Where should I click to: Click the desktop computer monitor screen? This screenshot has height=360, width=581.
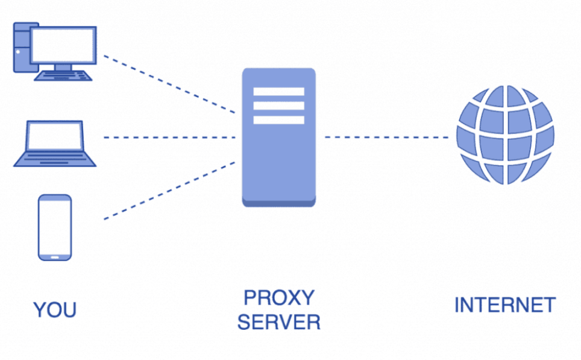pyautogui.click(x=64, y=45)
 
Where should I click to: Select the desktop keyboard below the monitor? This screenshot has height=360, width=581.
pyautogui.click(x=64, y=76)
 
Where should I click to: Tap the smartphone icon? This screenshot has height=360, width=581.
pyautogui.click(x=55, y=227)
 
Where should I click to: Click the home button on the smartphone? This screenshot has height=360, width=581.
pyautogui.click(x=55, y=256)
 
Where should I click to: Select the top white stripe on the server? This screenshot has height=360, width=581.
pyautogui.click(x=278, y=92)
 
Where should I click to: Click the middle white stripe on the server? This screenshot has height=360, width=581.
pyautogui.click(x=278, y=106)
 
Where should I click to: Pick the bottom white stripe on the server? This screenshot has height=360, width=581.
pyautogui.click(x=278, y=119)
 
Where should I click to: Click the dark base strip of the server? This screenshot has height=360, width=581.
pyautogui.click(x=278, y=203)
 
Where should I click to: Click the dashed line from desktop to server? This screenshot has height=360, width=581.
pyautogui.click(x=169, y=84)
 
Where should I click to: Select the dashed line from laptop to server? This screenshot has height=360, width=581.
pyautogui.click(x=169, y=137)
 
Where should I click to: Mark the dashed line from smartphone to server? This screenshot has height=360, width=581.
pyautogui.click(x=169, y=190)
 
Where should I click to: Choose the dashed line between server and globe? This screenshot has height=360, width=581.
pyautogui.click(x=386, y=137)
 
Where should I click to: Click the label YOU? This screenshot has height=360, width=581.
pyautogui.click(x=55, y=310)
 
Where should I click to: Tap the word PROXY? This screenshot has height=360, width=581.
pyautogui.click(x=278, y=297)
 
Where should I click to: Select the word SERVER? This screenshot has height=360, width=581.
pyautogui.click(x=278, y=322)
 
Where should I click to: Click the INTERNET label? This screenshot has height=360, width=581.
pyautogui.click(x=504, y=305)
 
